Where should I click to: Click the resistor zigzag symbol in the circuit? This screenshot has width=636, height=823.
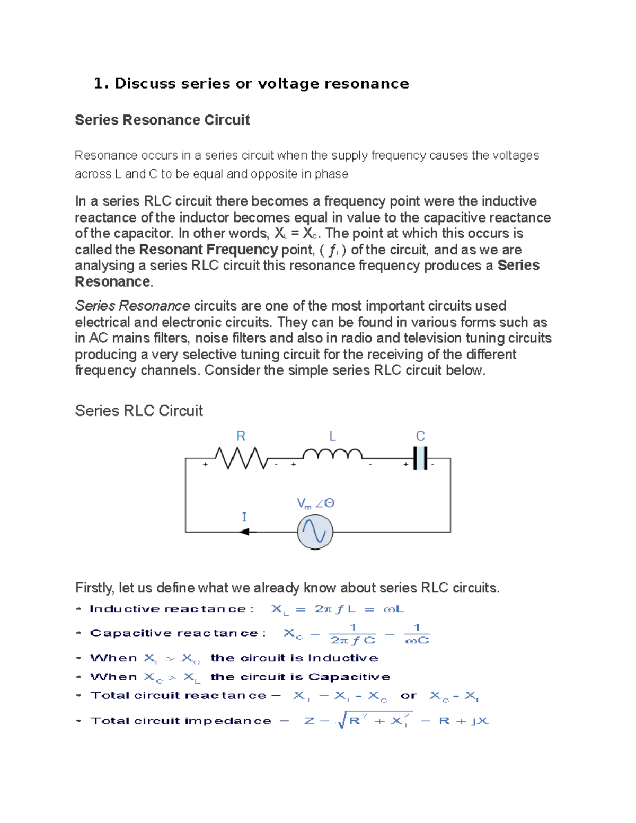point(241,458)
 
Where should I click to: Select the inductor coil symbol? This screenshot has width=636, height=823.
point(332,454)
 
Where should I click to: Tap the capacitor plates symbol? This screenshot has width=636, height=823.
point(420,458)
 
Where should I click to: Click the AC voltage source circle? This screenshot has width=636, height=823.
point(315,532)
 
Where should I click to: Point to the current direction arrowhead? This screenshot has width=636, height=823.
point(245,532)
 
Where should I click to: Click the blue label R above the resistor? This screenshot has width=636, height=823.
point(241,436)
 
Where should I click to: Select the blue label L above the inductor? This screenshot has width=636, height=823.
point(332,436)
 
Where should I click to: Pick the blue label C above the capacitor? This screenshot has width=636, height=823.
point(420,436)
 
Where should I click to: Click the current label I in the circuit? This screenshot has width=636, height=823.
point(244,517)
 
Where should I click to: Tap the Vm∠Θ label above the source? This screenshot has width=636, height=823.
point(315,503)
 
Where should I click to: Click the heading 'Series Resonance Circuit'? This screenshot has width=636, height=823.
point(162,120)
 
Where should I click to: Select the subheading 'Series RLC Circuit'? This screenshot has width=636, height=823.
point(139,411)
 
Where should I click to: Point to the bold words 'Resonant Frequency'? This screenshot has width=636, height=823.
point(208,250)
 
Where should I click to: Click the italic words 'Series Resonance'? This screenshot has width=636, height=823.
point(132,306)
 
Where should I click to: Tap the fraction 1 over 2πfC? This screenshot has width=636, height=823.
point(352,634)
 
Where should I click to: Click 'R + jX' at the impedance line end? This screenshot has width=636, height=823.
point(464,721)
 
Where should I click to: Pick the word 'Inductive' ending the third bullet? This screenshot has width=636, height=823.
point(343,658)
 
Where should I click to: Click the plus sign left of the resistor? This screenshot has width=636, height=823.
point(205,464)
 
